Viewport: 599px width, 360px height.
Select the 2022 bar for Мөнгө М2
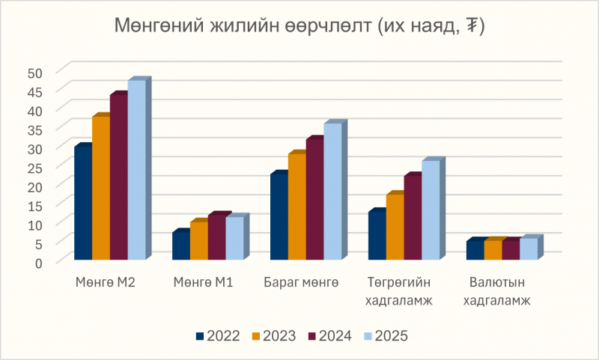click(82, 204)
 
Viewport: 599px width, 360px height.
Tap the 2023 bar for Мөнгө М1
click(198, 242)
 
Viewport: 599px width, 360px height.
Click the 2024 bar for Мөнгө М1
click(216, 239)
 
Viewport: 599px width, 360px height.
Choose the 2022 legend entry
click(218, 335)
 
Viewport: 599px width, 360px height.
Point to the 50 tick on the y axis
click(37, 73)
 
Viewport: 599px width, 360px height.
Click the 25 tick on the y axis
click(37, 167)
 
